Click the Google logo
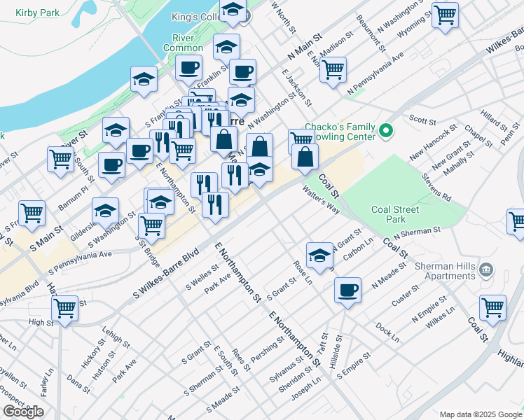tap(23, 412)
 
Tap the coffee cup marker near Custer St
tap(347, 288)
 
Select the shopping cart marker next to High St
tap(64, 307)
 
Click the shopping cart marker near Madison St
tap(333, 68)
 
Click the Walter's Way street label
tap(321, 199)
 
